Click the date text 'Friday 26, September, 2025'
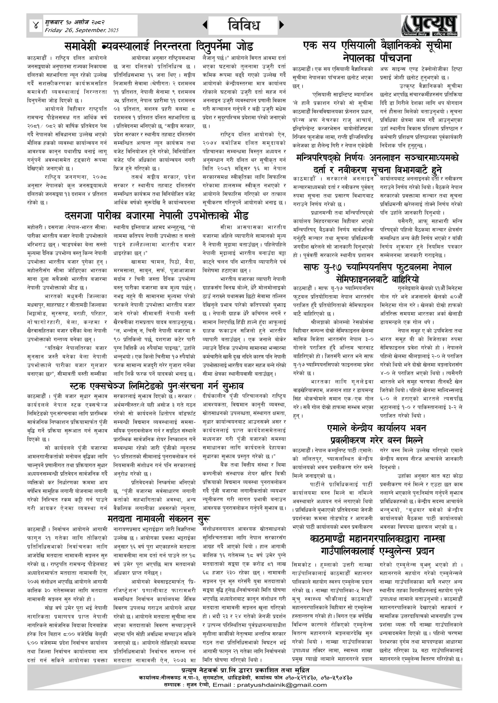(x=82, y=30)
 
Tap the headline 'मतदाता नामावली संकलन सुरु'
(x=159, y=519)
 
